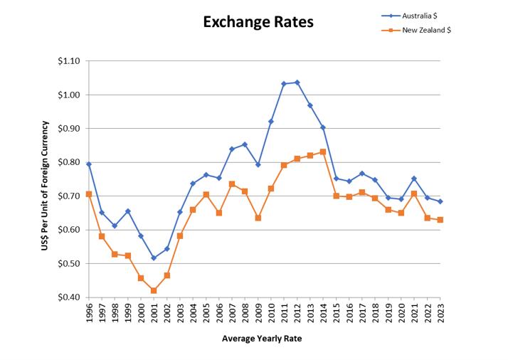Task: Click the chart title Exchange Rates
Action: point(258,22)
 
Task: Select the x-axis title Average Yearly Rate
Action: point(263,339)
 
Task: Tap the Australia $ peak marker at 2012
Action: point(297,83)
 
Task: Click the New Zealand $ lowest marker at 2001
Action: point(154,290)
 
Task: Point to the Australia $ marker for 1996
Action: point(89,164)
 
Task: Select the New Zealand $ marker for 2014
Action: point(323,152)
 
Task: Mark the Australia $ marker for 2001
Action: point(154,258)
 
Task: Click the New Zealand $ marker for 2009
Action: point(258,218)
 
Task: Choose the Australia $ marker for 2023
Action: point(440,201)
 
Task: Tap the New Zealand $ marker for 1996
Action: point(89,194)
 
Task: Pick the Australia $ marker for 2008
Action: point(245,144)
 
